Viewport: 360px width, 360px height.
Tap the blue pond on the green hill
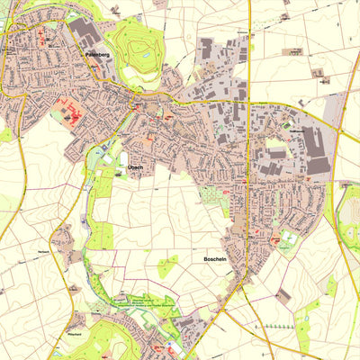(144, 61)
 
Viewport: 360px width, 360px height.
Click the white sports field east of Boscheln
(287, 240)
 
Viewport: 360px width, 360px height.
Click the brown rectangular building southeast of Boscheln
(283, 295)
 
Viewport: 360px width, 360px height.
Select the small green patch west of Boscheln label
(167, 266)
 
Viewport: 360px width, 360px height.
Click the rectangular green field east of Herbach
(100, 236)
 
